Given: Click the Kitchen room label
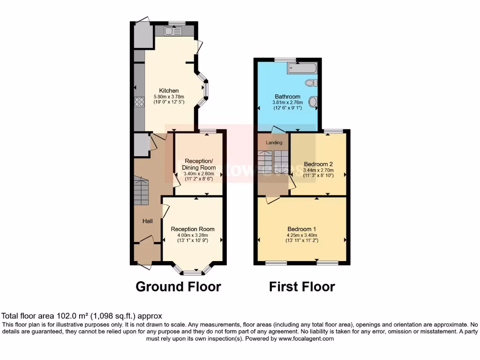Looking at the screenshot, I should (169, 90).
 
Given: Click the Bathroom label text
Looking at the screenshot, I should (288, 97).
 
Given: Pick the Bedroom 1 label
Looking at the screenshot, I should (302, 229).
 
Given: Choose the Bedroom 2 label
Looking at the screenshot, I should (318, 164).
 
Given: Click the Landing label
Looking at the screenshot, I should (274, 142).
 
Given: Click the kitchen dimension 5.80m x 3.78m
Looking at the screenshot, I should (169, 97).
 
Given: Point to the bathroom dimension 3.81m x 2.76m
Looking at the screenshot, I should (288, 103).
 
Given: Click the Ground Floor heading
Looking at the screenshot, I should (178, 286).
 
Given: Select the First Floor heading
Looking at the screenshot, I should (302, 286).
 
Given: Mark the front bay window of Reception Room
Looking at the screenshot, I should (192, 271).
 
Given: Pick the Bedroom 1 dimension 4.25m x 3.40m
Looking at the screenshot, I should (302, 235).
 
